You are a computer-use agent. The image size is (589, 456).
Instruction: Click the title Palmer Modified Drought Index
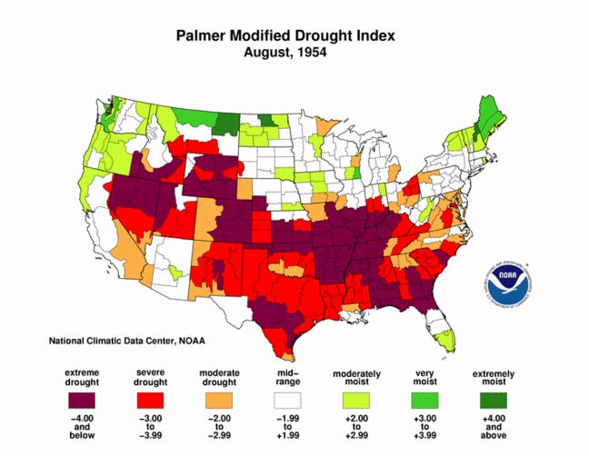click(x=285, y=35)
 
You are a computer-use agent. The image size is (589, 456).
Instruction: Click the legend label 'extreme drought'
click(x=81, y=378)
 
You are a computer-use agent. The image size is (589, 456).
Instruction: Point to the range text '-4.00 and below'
click(x=81, y=431)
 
